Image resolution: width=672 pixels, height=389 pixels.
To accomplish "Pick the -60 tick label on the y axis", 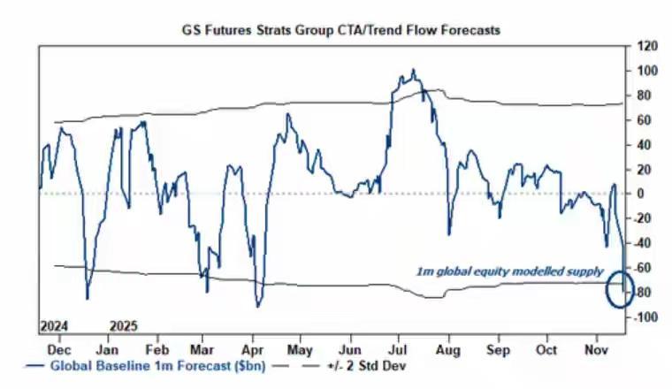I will pos(643,268).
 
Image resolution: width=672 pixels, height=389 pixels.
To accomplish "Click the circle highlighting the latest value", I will pos(620,290).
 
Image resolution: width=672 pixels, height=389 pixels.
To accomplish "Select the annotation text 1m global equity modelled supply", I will pos(510,271).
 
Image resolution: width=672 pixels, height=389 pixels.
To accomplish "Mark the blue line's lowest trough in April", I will pos(257,307).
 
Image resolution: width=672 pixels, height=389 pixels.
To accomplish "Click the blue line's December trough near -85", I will pos(87,298).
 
